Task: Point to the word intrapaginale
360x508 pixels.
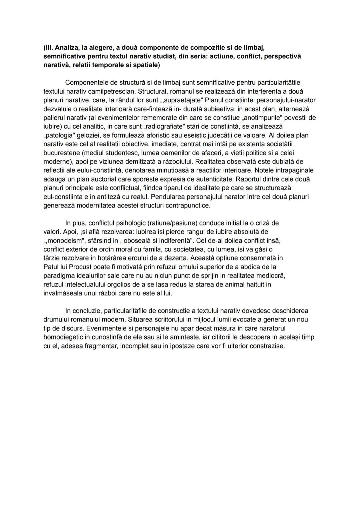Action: [x=292, y=170]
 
